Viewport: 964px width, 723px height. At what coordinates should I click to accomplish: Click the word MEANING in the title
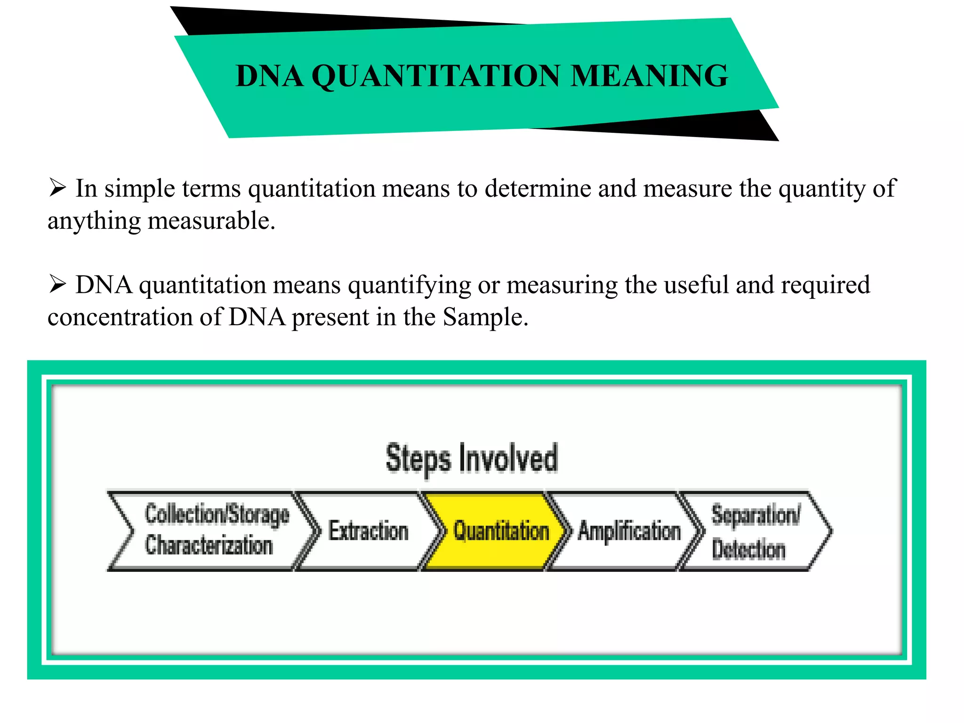[x=649, y=76]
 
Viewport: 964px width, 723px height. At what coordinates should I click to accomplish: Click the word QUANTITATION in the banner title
[x=435, y=76]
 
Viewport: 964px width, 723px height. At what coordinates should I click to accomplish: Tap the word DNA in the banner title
[x=269, y=76]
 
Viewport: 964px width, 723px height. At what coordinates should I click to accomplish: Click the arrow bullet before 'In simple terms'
[x=57, y=188]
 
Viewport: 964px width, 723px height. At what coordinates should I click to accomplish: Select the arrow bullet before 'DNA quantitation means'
[x=57, y=284]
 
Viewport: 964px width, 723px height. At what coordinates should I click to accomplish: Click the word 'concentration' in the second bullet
[x=120, y=317]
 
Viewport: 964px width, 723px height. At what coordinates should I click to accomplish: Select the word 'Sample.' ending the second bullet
[x=485, y=317]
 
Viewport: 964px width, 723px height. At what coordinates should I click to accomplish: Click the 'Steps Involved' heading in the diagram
[x=472, y=458]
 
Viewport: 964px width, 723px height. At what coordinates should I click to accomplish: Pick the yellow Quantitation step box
[x=501, y=531]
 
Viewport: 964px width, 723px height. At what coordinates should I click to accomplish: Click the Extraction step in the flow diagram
[x=368, y=531]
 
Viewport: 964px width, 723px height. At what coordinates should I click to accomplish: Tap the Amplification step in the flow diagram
[x=629, y=531]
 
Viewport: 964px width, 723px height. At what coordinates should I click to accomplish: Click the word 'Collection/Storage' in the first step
[x=217, y=514]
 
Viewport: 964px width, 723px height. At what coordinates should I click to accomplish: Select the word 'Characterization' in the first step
[x=209, y=545]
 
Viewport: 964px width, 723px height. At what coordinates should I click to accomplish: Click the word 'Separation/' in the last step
[x=755, y=514]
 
